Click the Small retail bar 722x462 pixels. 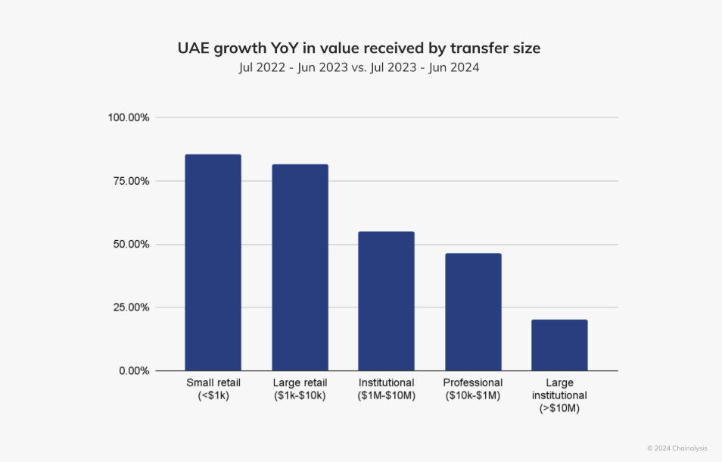213,262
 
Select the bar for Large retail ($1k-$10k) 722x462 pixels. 300,267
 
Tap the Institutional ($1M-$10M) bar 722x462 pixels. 386,301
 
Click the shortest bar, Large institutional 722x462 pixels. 559,345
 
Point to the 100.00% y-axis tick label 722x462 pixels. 129,118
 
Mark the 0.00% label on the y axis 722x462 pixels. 133,371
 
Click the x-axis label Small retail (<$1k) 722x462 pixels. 213,389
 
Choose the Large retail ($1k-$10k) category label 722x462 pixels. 300,389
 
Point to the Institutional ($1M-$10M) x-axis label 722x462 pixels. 386,389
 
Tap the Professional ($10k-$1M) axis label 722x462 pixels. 473,389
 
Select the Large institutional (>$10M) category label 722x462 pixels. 559,395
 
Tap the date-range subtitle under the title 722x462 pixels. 359,68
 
